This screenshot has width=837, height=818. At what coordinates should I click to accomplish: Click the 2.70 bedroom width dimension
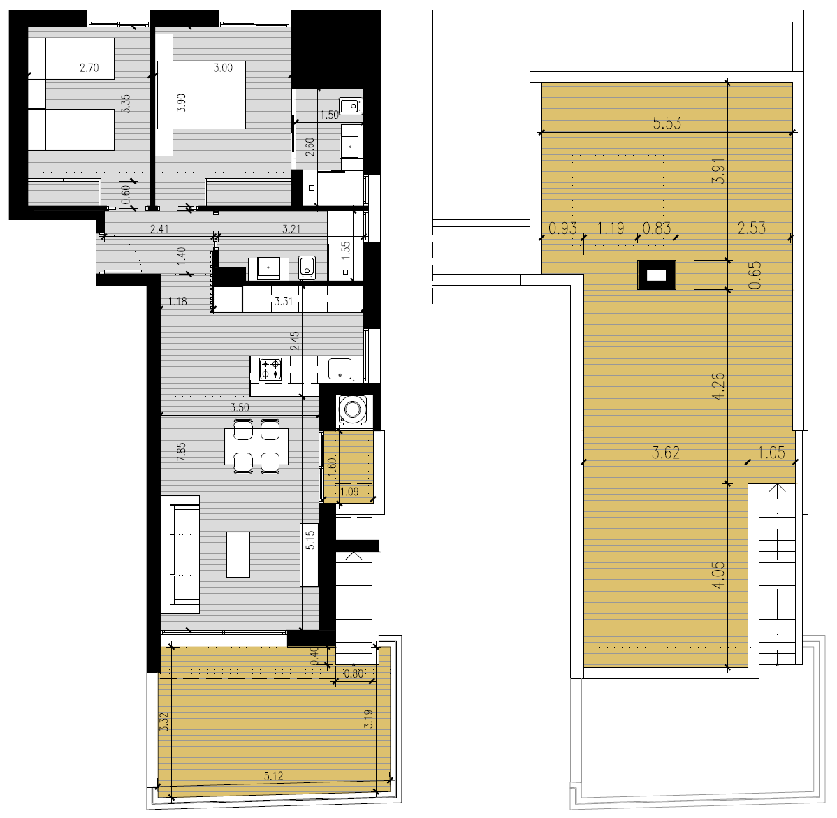click(89, 68)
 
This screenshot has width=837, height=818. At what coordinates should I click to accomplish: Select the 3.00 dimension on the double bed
click(223, 68)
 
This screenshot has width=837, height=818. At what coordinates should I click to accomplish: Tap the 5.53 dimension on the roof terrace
click(667, 123)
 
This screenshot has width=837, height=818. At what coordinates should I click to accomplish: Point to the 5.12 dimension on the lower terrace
click(273, 775)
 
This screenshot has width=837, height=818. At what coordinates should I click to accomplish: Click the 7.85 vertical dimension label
click(182, 451)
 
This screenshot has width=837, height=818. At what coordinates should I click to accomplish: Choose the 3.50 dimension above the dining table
click(240, 408)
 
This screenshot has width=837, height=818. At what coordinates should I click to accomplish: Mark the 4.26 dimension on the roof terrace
click(718, 386)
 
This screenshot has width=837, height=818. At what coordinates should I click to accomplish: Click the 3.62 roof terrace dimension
click(666, 453)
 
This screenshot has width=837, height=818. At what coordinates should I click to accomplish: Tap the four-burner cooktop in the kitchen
click(270, 370)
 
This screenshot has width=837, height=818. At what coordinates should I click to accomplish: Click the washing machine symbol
click(351, 410)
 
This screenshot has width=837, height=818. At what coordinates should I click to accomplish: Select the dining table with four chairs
click(256, 446)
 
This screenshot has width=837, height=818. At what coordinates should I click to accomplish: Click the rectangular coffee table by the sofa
click(238, 554)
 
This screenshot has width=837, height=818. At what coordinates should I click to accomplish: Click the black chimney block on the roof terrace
click(657, 275)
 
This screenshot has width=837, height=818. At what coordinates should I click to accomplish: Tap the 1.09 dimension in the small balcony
click(349, 492)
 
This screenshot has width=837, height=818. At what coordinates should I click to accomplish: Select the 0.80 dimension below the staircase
click(354, 673)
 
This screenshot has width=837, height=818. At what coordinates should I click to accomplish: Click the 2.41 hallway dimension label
click(159, 229)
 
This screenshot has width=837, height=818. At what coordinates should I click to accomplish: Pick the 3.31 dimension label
click(284, 301)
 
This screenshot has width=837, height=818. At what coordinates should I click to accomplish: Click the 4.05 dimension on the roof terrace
click(718, 574)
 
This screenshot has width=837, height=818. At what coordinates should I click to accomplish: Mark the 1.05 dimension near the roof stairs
click(771, 453)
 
